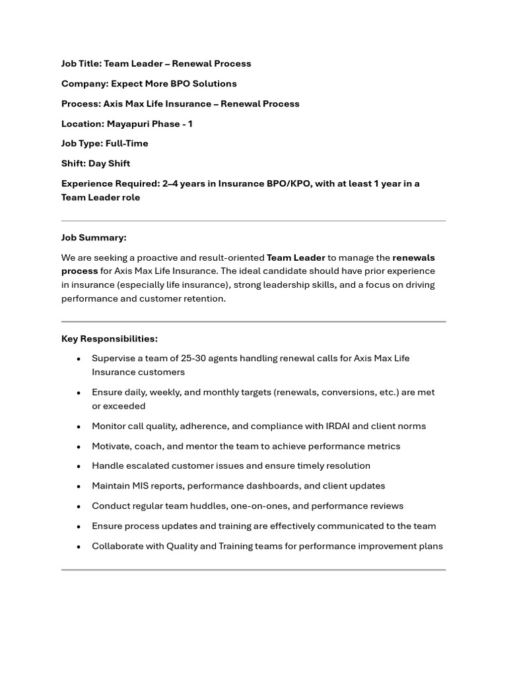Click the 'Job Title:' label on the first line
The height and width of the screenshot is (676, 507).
tap(81, 64)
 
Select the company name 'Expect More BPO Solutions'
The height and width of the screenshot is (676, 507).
tap(174, 84)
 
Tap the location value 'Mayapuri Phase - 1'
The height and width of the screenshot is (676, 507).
tap(150, 124)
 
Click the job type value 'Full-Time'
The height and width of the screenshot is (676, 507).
tap(127, 144)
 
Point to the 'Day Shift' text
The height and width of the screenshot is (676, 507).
tap(109, 164)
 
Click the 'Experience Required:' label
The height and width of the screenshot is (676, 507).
tap(110, 184)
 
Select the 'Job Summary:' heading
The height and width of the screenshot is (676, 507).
tap(94, 238)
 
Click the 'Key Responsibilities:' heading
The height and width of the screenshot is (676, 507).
tap(110, 339)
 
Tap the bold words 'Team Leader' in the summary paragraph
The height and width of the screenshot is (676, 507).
tap(296, 257)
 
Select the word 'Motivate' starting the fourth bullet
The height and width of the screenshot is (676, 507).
tap(111, 446)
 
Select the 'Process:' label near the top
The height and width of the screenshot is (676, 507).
tap(81, 104)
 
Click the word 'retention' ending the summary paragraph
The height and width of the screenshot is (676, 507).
tap(205, 298)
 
